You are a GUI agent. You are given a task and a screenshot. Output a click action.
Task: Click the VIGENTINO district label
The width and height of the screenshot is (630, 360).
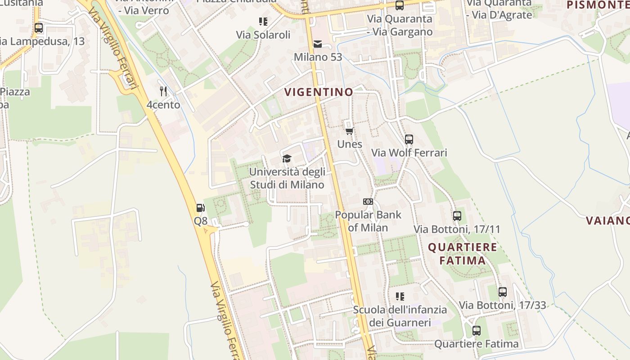pos(319,92)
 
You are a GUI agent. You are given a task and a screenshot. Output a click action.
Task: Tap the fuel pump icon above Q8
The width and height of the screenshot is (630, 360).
pos(201,208)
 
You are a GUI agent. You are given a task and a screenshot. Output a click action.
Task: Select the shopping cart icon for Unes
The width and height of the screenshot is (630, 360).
pos(349,131)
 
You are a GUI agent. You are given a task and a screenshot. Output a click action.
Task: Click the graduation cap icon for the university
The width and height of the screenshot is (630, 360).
pos(287,158)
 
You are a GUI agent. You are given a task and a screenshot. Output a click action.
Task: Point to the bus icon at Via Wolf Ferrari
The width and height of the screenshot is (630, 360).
pos(409,139)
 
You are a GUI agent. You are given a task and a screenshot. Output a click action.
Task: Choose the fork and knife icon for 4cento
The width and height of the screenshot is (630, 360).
pos(163,91)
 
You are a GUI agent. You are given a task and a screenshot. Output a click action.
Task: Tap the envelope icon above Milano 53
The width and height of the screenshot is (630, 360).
pos(318,44)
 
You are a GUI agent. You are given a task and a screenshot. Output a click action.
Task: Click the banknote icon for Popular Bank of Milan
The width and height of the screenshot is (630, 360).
pos(368,202)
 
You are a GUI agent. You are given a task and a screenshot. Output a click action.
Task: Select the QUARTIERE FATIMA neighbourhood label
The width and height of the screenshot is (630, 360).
pos(462,253)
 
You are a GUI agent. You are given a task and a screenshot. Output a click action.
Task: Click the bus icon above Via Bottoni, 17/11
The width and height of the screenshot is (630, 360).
pos(457,216)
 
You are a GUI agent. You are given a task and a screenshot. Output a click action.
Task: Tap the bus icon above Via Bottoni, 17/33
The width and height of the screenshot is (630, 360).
pos(503,292)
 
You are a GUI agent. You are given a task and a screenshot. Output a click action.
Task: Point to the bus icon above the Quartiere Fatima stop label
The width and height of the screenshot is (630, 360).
pos(477,331)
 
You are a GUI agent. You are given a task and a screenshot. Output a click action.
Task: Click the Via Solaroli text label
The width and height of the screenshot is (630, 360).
pos(263,35)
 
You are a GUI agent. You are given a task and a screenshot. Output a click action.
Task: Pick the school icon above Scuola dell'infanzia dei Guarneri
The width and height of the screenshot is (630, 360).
pos(400,296)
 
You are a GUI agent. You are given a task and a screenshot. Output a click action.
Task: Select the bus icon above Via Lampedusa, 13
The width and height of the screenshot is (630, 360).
pos(39,28)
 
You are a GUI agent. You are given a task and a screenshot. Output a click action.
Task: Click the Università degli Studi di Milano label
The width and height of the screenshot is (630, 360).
pos(287,178)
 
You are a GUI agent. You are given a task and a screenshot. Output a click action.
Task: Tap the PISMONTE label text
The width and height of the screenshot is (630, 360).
pos(598,5)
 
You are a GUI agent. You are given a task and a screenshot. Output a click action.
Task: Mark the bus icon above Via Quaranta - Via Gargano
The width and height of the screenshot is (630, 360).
pos(400,5)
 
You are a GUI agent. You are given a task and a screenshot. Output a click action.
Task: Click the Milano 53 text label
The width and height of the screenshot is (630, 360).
pos(318,57)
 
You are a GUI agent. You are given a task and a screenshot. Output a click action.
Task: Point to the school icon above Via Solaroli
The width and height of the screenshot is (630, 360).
pos(263,21)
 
